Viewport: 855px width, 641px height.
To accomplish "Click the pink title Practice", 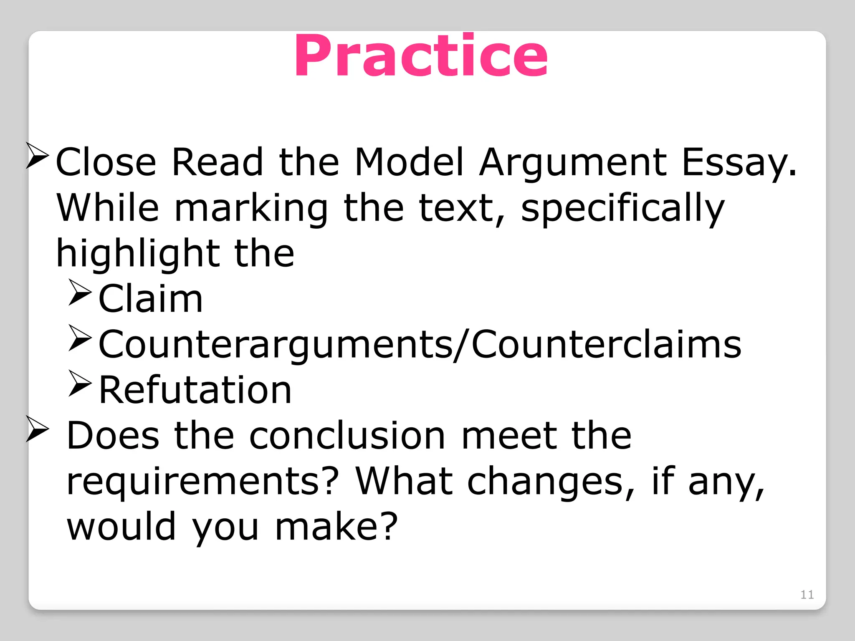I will click(x=421, y=56).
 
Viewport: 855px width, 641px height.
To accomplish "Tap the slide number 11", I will click(x=807, y=594).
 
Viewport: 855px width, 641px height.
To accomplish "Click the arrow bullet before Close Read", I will click(x=37, y=155).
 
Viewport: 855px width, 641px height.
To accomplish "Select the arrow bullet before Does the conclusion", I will click(x=37, y=429).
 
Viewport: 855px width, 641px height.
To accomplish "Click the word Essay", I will click(x=739, y=163).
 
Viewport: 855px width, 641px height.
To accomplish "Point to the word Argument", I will click(x=573, y=163).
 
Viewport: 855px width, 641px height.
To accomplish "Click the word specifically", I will click(x=622, y=209).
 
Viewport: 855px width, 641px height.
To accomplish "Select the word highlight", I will click(x=138, y=254).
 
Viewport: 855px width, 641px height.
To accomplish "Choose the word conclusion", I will click(x=347, y=436).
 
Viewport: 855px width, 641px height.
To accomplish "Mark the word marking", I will click(x=251, y=209).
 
